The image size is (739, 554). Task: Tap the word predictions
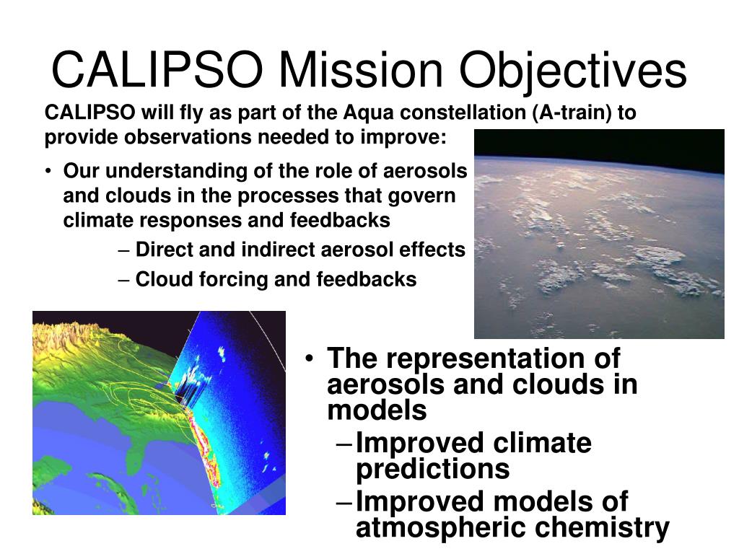tap(433, 469)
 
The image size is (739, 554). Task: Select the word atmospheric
tap(442, 527)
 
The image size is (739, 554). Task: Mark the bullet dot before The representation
tap(309, 359)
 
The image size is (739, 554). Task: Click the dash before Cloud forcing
tap(124, 280)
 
